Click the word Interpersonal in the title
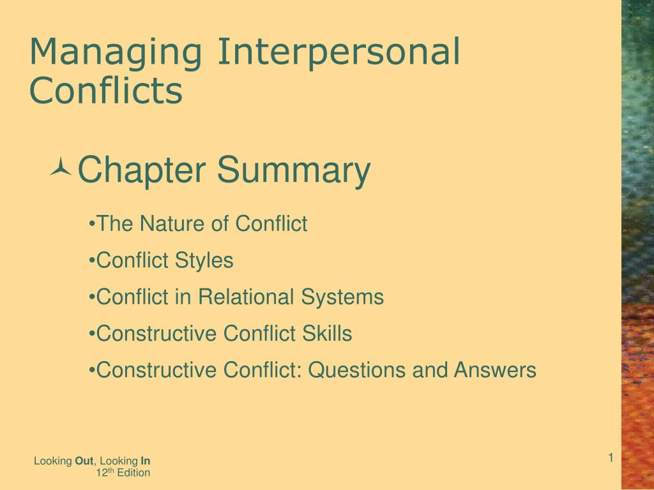click(x=338, y=53)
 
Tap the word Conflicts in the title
click(x=106, y=91)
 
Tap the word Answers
click(x=495, y=370)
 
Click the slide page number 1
click(x=610, y=457)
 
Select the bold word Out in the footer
click(x=84, y=461)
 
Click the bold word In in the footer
click(x=146, y=461)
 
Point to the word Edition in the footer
click(x=135, y=473)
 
